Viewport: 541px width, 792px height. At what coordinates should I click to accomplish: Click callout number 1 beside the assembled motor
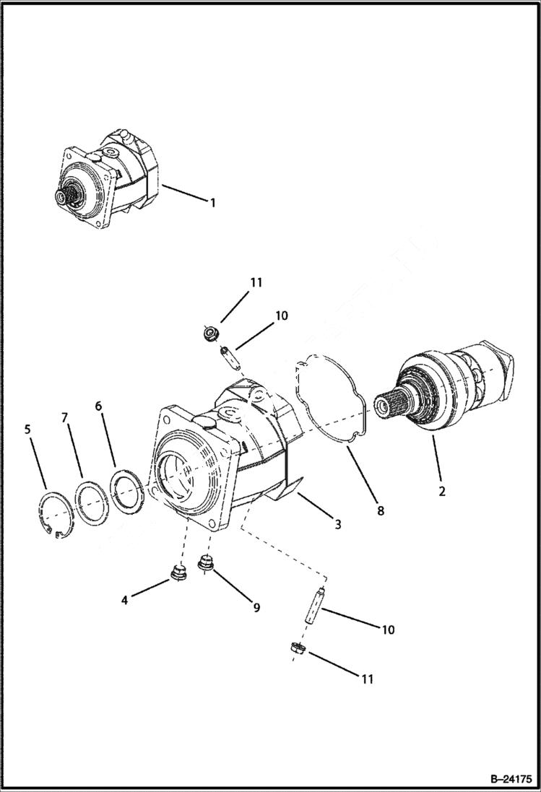pos(212,203)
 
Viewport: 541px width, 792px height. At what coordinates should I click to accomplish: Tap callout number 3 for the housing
pos(337,525)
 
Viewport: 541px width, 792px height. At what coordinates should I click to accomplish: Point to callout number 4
pos(124,600)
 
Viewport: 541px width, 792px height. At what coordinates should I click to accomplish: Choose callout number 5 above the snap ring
pos(27,430)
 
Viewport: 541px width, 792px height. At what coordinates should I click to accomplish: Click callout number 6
pos(98,406)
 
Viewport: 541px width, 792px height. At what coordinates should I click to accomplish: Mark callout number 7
pos(64,418)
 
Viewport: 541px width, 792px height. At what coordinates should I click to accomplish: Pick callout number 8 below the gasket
pos(381,510)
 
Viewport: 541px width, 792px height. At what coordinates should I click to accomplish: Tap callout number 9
pos(256,608)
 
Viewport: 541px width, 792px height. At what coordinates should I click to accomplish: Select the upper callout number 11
pos(256,284)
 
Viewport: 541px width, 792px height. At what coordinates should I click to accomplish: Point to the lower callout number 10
pos(388,630)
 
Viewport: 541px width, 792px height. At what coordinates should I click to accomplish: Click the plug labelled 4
pos(177,574)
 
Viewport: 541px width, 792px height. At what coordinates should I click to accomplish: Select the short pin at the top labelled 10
pos(226,354)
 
